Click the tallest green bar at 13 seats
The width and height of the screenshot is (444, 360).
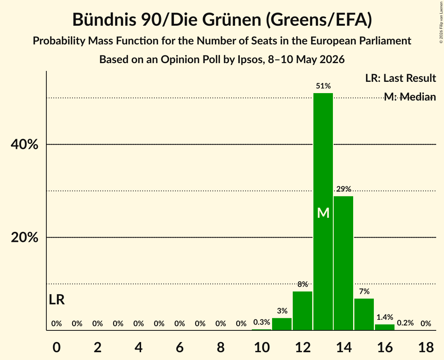pyautogui.click(x=323, y=212)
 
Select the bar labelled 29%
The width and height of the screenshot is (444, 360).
pyautogui.click(x=343, y=263)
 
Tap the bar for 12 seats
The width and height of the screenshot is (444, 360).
pyautogui.click(x=302, y=311)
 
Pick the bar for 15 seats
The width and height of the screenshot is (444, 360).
pyautogui.click(x=364, y=314)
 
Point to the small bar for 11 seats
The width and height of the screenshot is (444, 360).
pyautogui.click(x=282, y=324)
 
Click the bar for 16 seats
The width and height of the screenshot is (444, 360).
pyautogui.click(x=385, y=327)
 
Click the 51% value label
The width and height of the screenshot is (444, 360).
pyautogui.click(x=324, y=86)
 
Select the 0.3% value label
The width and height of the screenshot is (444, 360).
pyautogui.click(x=262, y=322)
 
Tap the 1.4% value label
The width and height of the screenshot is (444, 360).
pyautogui.click(x=385, y=317)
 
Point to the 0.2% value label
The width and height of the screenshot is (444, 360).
pyautogui.click(x=405, y=323)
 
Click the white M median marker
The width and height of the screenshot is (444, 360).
pyautogui.click(x=324, y=213)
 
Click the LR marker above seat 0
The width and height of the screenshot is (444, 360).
pyautogui.click(x=57, y=300)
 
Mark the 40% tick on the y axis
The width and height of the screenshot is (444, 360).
pyautogui.click(x=25, y=144)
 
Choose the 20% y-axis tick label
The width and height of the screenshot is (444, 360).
pyautogui.click(x=25, y=237)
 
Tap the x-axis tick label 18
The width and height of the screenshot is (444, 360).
pyautogui.click(x=426, y=347)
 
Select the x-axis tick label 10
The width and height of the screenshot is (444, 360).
pyautogui.click(x=262, y=347)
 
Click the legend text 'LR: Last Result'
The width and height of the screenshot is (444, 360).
pyautogui.click(x=400, y=78)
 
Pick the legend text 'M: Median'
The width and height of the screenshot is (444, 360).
pyautogui.click(x=410, y=97)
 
